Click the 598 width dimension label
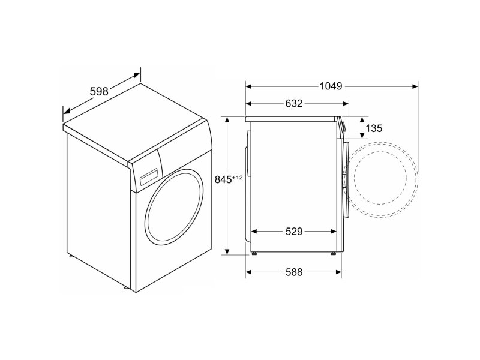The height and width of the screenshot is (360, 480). (99, 91)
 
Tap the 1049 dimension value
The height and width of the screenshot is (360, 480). (331, 86)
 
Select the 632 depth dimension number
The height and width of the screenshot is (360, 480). (294, 103)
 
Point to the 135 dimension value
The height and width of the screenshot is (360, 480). (374, 128)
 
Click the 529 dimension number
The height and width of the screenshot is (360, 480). (294, 232)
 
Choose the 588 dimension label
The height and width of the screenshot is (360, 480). (294, 272)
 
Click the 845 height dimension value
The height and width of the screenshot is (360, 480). (223, 179)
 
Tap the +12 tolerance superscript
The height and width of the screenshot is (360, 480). (237, 177)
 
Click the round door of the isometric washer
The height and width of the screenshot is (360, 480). (175, 207)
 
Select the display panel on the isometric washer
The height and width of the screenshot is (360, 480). (149, 176)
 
